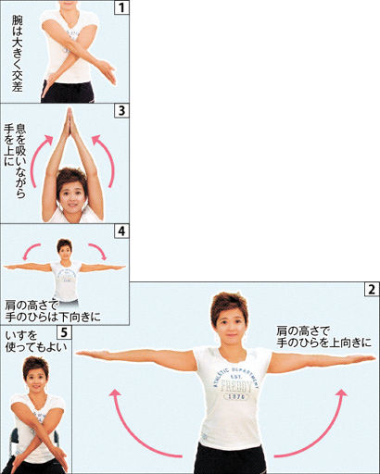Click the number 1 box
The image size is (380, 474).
click(121, 7)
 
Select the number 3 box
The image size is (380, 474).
click(121, 111)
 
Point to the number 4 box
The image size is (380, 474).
click(121, 231)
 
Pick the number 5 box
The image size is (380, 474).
click(64, 332)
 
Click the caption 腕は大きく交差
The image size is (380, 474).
click(18, 54)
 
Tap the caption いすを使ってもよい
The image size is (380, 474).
click(36, 342)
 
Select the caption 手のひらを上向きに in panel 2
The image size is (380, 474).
click(323, 343)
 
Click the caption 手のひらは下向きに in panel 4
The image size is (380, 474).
click(53, 318)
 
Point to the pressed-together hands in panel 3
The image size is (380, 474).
click(70, 122)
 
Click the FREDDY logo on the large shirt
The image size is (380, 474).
click(236, 387)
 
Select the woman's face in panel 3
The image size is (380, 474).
click(71, 197)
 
